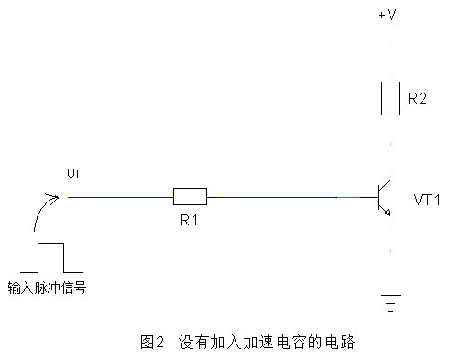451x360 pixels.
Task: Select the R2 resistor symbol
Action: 390,98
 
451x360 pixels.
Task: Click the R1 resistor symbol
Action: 190,195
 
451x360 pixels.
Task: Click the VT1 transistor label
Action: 427,198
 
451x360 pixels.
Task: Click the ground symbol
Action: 390,301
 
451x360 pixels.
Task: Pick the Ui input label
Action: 74,174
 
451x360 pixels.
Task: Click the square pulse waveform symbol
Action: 50,257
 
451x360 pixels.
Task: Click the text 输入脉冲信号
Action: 52,286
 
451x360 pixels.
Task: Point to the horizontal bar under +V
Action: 390,27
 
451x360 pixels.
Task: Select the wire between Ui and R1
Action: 119,195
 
